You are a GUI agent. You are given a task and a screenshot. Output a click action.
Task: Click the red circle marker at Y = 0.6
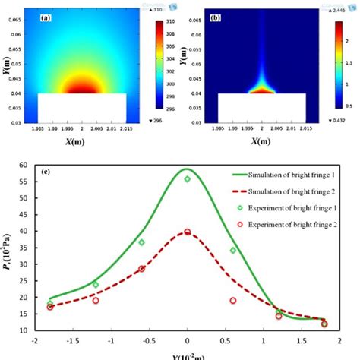coord(233,301)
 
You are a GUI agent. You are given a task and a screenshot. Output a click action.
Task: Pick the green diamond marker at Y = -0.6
coord(142,242)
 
